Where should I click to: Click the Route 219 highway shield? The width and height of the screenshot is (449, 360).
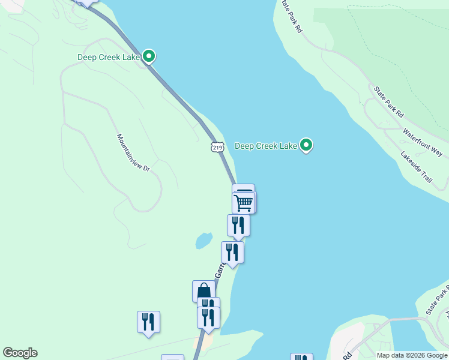point(217,146)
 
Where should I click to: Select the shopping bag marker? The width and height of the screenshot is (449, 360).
point(203,291)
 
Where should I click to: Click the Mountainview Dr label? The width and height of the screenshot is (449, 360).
point(133,153)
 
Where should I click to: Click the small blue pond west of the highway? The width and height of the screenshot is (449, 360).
point(203,241)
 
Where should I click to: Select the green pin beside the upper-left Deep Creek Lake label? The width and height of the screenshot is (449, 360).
point(149,56)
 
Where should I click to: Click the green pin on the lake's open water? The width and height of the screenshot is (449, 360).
point(306,145)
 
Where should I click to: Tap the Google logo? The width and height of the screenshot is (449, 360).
point(20,353)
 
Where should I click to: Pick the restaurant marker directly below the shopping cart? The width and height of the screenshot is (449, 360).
point(238,225)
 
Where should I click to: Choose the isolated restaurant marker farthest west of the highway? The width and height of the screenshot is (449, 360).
point(148,322)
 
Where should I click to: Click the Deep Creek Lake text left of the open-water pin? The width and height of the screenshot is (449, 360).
point(266,146)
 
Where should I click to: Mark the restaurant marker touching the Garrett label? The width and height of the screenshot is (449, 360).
point(232,252)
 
